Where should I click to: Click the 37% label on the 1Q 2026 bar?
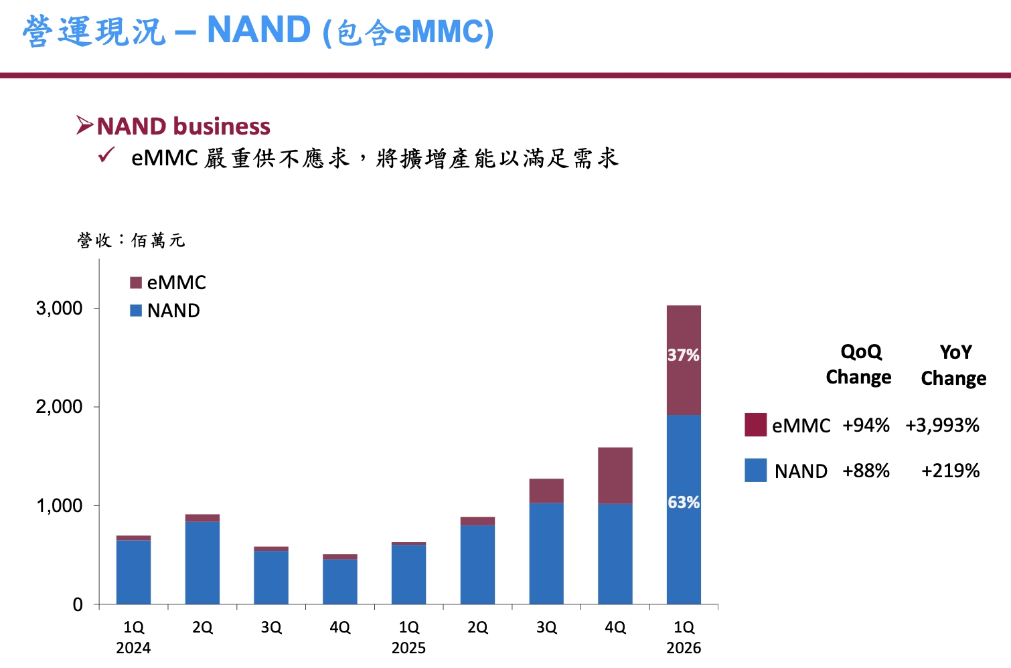pos(683,355)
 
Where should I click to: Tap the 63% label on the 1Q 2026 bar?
pos(683,503)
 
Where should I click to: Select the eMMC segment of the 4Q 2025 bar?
pos(615,475)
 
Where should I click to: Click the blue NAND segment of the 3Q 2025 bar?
pos(546,554)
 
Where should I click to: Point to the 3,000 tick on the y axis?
pos(59,309)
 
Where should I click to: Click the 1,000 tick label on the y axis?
pos(59,506)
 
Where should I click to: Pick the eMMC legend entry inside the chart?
pos(168,282)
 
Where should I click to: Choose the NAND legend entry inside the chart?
pos(165,311)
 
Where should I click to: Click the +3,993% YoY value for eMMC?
pos(942,426)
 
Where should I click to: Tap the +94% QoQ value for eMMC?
pos(866,426)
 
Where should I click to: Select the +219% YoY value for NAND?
pos(950,471)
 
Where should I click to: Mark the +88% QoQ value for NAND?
pos(866,471)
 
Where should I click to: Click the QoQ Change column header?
pos(859,365)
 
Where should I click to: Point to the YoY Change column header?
pos(953,365)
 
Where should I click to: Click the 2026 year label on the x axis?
pos(684,648)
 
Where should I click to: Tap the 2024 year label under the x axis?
pos(133,648)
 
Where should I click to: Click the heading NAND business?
pos(183,127)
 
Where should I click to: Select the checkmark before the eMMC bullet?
pos(106,155)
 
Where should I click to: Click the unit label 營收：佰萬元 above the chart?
pos(131,240)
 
